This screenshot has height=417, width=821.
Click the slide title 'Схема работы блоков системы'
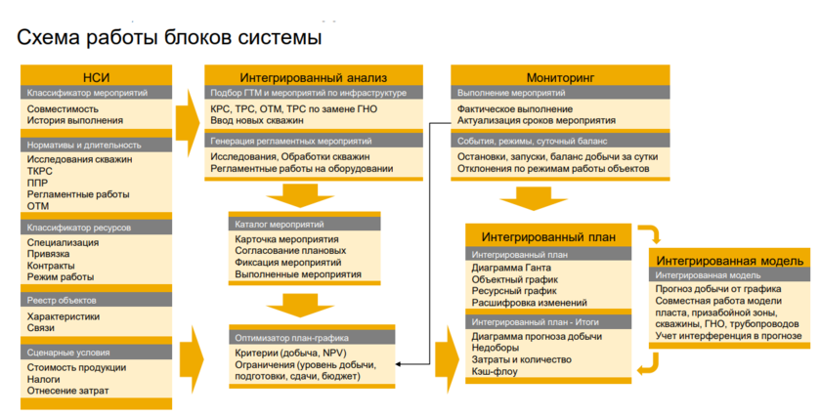pos(168,38)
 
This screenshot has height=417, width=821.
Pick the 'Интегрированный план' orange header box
pos(548,236)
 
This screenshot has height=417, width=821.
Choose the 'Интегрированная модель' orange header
pos(730,261)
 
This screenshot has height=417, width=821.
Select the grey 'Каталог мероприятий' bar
pos(313,224)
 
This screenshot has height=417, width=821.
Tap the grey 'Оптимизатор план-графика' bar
pos(313,336)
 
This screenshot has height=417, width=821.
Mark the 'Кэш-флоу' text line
pos(496,372)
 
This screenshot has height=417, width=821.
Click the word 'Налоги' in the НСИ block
pos(44,379)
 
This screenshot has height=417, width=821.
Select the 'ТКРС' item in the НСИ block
pos(40,171)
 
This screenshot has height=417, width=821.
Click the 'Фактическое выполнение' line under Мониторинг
pos(514,108)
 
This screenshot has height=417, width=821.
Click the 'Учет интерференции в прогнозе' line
pos(728,336)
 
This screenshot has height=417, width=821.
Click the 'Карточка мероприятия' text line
pos(286,239)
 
